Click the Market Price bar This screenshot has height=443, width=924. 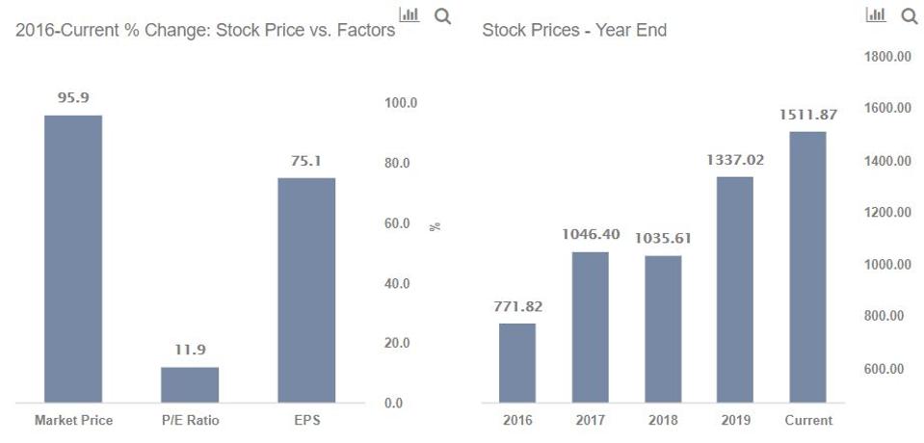73,258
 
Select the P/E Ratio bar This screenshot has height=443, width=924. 190,384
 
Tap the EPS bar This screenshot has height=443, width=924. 306,289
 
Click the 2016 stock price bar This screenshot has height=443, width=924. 517,362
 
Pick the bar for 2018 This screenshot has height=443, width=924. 663,328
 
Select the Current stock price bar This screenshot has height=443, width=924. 807,266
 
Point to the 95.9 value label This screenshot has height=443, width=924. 73,97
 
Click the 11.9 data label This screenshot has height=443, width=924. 190,350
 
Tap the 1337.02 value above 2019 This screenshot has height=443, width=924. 735,160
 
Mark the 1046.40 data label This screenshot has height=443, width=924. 591,234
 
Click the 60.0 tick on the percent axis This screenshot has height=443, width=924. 397,223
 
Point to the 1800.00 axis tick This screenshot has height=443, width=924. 888,57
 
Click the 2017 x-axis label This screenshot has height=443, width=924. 591,420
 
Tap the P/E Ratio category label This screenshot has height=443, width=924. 190,420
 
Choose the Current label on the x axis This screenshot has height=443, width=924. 808,420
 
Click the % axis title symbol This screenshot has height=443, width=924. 436,226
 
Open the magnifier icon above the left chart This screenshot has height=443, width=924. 442,16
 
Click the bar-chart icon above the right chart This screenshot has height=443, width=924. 876,14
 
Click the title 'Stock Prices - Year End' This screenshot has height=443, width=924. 574,30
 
